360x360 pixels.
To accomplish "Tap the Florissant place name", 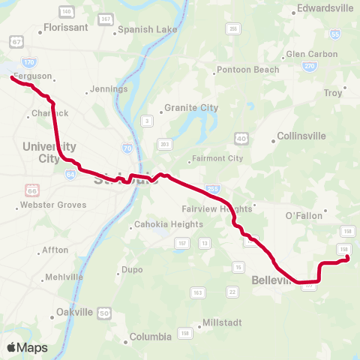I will tap(66, 26).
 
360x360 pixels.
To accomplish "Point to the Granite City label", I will tap(191, 107).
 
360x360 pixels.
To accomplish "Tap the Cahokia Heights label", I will tap(168, 224).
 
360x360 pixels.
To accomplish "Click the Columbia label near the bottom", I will tap(151, 337).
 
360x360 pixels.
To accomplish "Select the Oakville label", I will tap(74, 312).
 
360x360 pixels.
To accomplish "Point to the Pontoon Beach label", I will tap(247, 70).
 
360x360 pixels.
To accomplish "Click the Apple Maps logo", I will tap(27, 347).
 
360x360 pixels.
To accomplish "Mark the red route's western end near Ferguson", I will tap(12, 76).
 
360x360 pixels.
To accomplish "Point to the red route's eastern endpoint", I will tap(348, 259).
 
